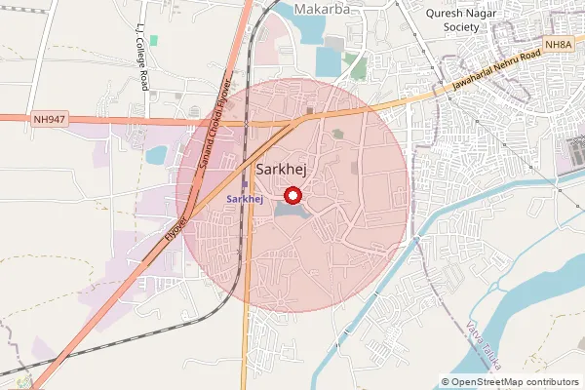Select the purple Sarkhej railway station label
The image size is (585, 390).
[245, 199]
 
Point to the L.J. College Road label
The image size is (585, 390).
[142, 57]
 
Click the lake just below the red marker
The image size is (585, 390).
[290, 210]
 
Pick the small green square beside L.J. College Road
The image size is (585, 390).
[153, 40]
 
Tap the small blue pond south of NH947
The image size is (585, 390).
[156, 154]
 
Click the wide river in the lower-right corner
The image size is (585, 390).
[546, 292]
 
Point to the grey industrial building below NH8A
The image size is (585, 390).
[575, 154]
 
